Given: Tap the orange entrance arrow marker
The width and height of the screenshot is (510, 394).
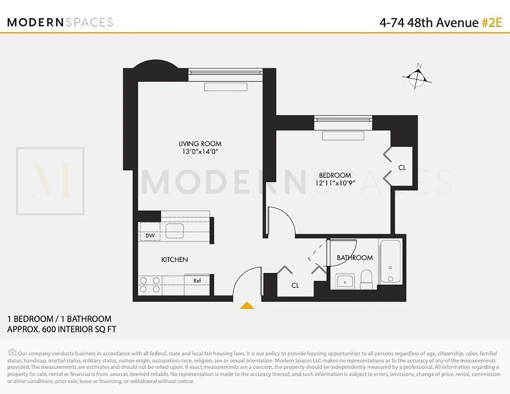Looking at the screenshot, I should point(247,306).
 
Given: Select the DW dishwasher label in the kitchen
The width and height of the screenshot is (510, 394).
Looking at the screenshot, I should point(150,236).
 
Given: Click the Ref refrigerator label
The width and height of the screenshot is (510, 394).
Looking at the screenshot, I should point(197,281).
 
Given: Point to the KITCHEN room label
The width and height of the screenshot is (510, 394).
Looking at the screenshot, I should point(174,260).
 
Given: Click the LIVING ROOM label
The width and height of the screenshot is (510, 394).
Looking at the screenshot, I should point(200,144).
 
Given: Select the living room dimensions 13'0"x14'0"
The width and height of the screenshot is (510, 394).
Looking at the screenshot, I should point(200,152).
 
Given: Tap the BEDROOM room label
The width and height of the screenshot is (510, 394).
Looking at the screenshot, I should point(335,175).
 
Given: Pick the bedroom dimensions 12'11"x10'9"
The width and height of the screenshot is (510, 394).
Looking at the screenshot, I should point(335,183).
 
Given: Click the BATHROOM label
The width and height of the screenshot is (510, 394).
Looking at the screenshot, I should point(355,258).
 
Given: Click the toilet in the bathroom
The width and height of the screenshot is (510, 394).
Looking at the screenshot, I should point(367,280).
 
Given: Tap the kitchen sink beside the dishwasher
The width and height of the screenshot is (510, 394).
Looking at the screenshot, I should point(174,230).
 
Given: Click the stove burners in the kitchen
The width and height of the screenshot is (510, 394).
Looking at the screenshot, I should point(150,285).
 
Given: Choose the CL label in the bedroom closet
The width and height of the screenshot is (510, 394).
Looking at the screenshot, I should point(402,167).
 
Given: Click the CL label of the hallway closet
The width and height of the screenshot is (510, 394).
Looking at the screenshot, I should point(295,285).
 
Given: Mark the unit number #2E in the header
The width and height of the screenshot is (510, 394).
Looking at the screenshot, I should point(491,23).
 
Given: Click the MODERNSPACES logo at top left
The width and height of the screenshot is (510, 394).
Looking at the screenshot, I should point(60,22).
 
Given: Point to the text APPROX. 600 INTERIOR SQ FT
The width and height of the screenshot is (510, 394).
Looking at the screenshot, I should point(62,329).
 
